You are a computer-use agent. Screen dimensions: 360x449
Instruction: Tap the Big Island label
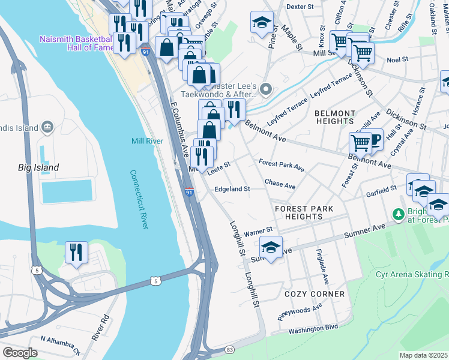38,167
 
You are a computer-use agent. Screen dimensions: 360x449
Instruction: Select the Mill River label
146,142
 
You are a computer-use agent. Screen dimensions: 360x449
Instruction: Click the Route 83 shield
229,349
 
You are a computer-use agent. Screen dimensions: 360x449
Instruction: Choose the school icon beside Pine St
262,22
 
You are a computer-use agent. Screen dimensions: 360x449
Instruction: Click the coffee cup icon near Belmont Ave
375,140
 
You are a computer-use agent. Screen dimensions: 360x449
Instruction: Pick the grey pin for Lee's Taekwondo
268,90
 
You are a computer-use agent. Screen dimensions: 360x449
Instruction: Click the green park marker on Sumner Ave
397,214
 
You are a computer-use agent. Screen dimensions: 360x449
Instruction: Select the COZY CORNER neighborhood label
315,294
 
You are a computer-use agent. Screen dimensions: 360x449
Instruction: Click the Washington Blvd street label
313,328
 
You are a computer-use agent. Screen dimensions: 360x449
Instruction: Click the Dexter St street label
300,7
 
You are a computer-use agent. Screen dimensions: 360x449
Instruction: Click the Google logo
20,352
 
